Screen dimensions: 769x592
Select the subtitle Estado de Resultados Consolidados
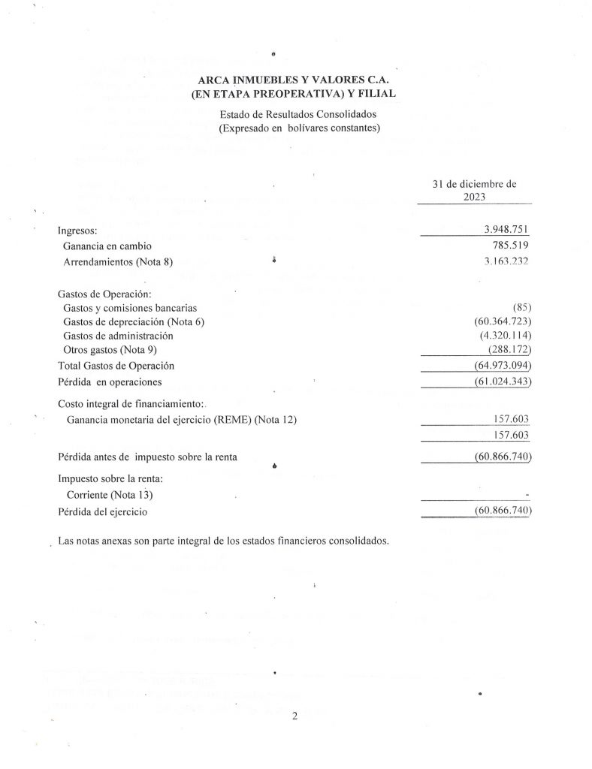tap(298, 114)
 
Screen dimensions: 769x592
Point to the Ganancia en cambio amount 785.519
tap(512, 246)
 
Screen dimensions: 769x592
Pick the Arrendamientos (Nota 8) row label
tap(123, 261)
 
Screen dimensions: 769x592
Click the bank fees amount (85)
tap(522, 307)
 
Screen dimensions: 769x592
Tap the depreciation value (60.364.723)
tap(499, 321)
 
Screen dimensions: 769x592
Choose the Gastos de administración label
tap(119, 336)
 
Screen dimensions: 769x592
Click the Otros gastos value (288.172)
tap(509, 350)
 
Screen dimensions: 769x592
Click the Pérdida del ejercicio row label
tap(102, 511)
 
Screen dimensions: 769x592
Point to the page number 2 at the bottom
tap(295, 716)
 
